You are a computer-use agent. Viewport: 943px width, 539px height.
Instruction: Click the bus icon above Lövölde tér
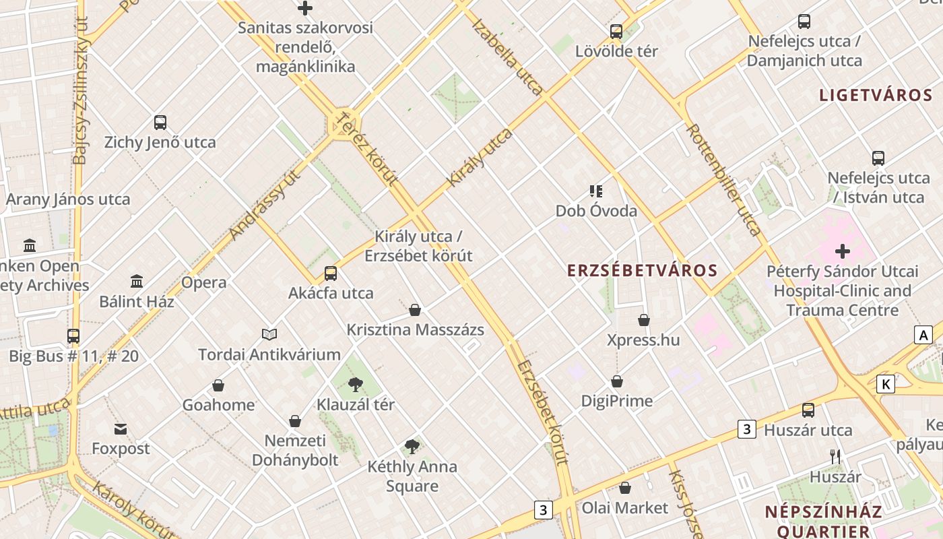click(x=616, y=32)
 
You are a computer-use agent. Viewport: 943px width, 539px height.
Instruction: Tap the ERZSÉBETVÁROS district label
click(x=642, y=271)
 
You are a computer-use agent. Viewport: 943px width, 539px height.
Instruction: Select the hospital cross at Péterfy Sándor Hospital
click(x=842, y=251)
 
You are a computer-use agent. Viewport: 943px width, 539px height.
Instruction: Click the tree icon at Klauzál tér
click(x=355, y=385)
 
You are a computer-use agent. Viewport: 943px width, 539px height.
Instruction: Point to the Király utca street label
click(x=480, y=158)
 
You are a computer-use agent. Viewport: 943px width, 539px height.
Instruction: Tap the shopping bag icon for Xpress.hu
click(x=644, y=320)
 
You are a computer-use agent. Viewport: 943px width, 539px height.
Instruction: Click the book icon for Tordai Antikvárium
click(x=269, y=334)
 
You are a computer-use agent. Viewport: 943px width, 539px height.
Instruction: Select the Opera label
click(x=203, y=282)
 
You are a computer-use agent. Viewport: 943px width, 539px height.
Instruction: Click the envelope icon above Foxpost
click(x=121, y=429)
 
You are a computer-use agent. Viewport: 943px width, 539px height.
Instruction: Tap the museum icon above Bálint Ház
click(x=137, y=281)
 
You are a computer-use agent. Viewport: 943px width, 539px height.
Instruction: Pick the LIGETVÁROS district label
click(x=876, y=95)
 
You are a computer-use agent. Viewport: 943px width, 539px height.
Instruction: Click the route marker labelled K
click(x=885, y=384)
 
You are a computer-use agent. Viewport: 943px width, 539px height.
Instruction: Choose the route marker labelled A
click(x=923, y=335)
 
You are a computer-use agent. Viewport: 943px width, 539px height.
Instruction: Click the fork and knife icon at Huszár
click(x=835, y=457)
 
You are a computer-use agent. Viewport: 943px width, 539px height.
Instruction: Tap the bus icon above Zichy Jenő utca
click(x=160, y=123)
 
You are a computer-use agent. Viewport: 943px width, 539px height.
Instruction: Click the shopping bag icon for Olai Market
click(x=625, y=488)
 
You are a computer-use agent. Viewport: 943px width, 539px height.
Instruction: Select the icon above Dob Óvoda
click(x=596, y=191)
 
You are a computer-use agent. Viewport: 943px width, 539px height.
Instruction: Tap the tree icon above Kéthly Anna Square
click(x=412, y=446)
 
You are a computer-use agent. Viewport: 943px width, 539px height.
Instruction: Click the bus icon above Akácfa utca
click(x=331, y=274)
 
